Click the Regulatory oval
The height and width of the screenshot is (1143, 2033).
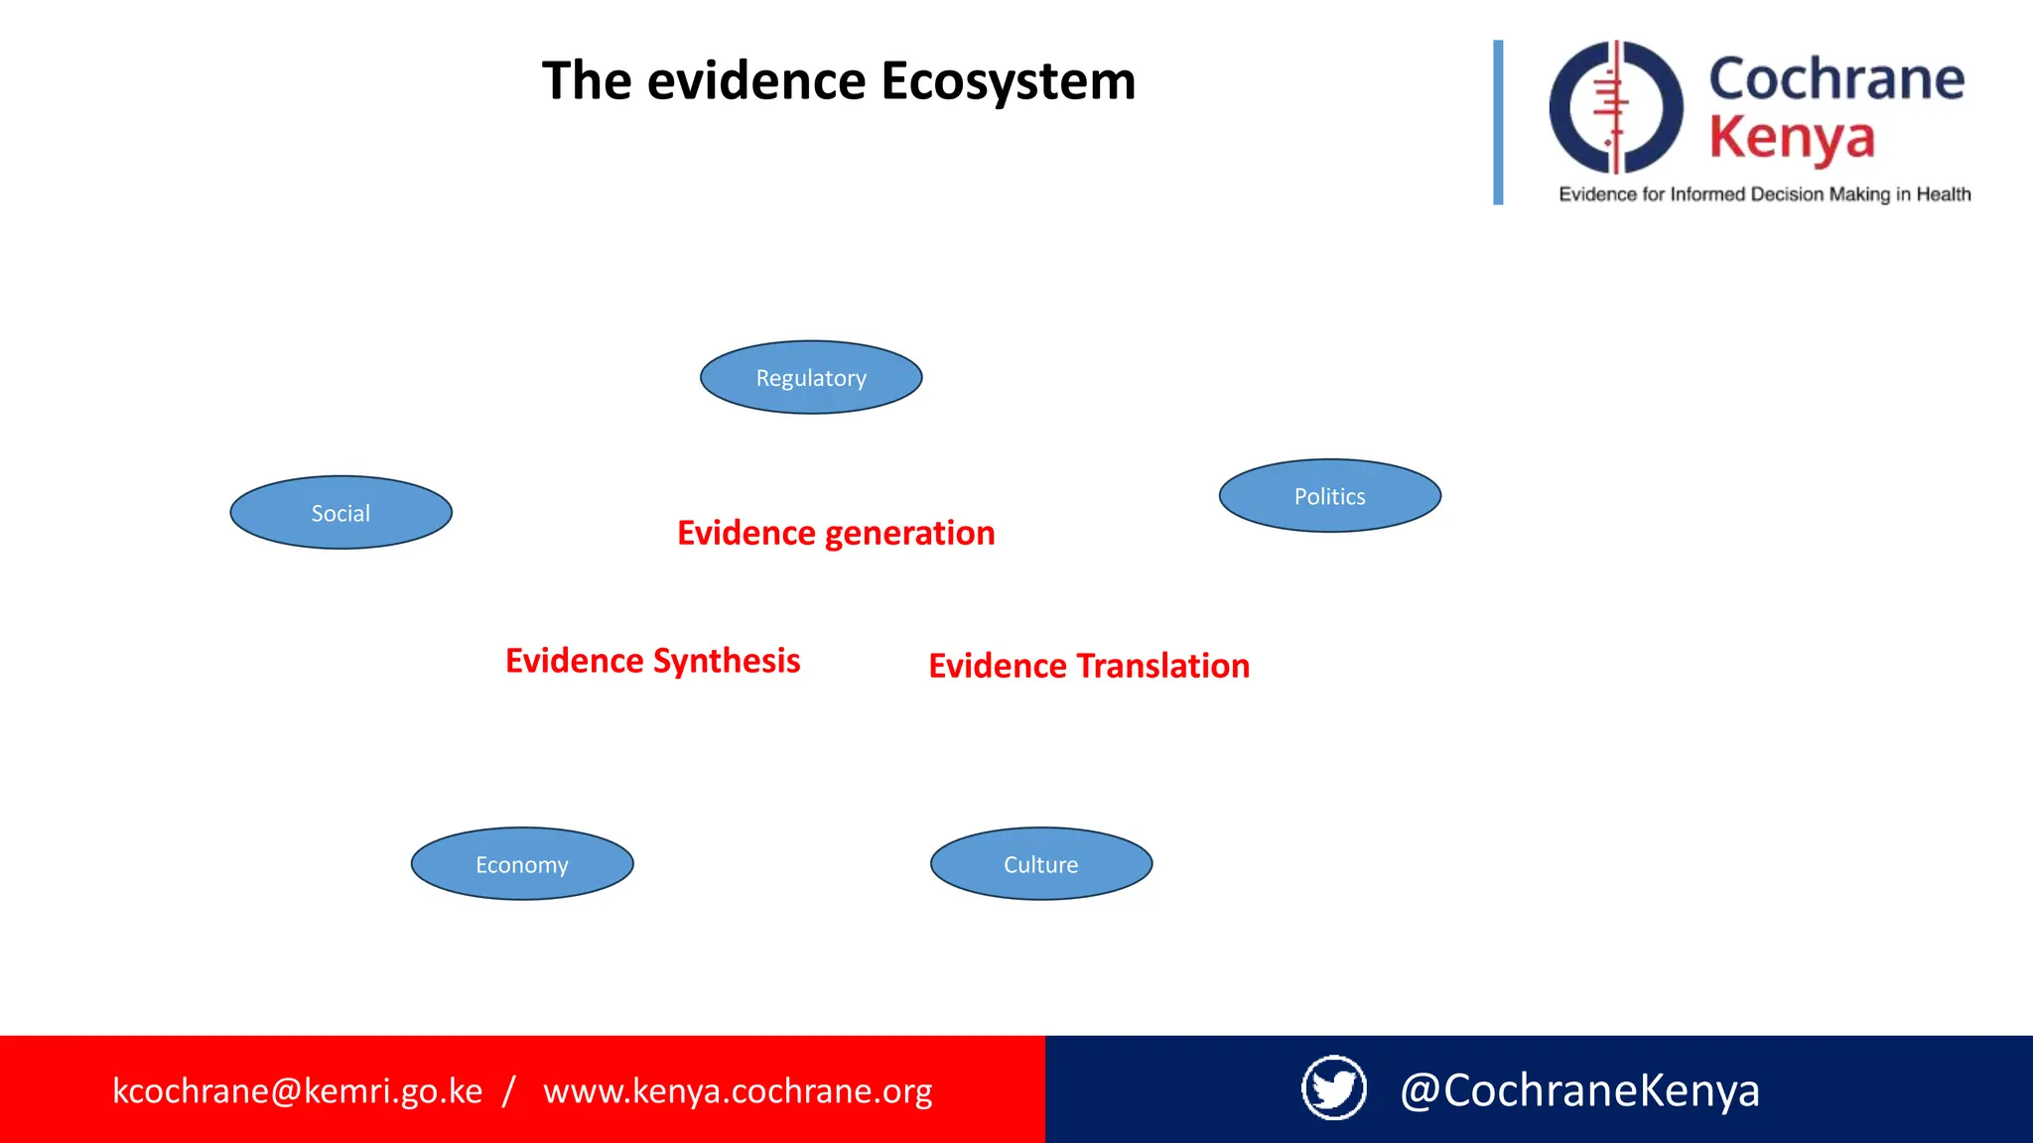click(811, 378)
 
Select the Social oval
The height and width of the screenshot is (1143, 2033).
click(340, 513)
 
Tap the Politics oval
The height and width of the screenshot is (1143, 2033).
click(1329, 496)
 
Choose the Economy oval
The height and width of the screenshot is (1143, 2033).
click(522, 864)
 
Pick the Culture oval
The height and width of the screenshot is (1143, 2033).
click(1040, 864)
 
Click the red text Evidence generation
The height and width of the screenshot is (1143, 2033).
click(836, 533)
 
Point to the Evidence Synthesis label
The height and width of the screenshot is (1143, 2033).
click(652, 661)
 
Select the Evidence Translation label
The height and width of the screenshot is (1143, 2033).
click(1089, 666)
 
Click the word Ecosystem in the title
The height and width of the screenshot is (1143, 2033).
click(1008, 81)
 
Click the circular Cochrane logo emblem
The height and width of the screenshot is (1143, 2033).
click(1616, 107)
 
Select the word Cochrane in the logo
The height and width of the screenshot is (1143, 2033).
click(1836, 79)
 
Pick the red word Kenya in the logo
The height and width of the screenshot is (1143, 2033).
click(1792, 138)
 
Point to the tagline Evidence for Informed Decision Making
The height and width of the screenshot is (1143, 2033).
click(1764, 194)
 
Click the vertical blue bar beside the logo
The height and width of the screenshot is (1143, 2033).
click(1498, 122)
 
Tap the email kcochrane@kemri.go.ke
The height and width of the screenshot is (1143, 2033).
click(298, 1090)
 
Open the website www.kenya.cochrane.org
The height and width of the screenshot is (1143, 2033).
click(738, 1090)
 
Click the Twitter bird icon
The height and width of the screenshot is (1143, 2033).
click(1333, 1088)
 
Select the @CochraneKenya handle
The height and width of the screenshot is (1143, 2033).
click(1579, 1090)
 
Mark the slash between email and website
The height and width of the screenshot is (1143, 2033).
click(509, 1090)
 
